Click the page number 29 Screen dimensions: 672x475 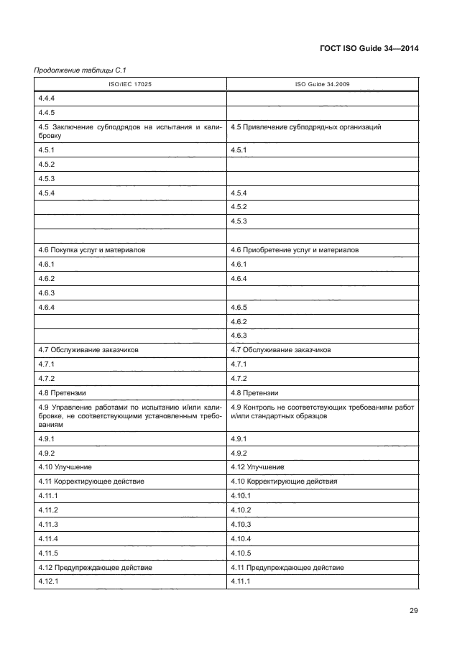[413, 611]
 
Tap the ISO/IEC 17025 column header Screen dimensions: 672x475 [130, 84]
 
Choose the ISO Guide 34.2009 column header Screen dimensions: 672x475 [323, 84]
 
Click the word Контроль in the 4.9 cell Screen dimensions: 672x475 [258, 408]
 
